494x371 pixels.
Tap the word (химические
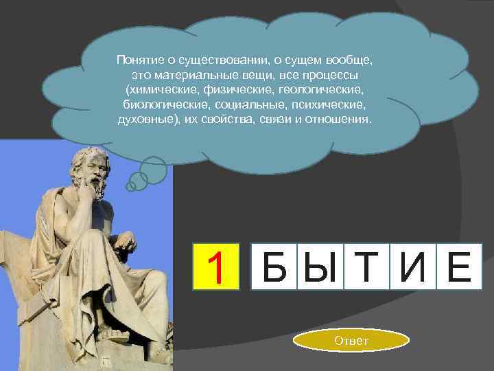coord(158,90)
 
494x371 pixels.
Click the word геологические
coord(322,90)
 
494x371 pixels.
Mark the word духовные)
coord(146,120)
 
